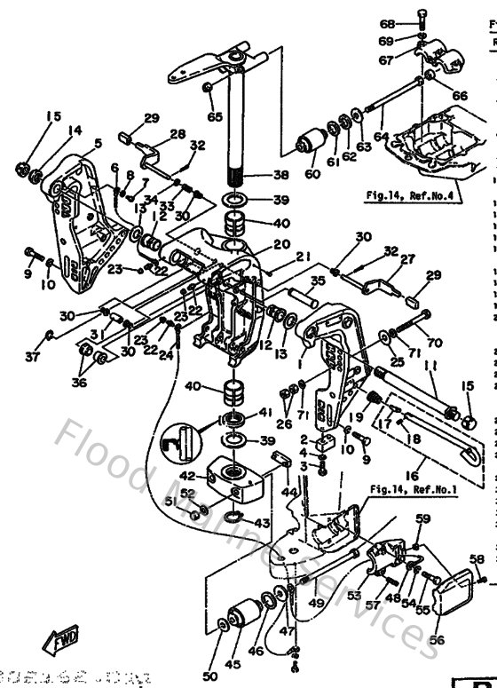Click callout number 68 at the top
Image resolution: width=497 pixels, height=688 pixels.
(412, 24)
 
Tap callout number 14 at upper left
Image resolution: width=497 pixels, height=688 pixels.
(75, 130)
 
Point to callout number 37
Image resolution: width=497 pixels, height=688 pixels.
(34, 358)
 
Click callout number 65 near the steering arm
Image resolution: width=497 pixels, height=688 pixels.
(214, 116)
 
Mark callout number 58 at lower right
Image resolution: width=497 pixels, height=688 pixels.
(477, 560)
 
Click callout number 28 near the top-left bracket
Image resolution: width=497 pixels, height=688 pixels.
(177, 134)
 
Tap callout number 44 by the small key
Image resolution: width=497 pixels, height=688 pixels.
(288, 491)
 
